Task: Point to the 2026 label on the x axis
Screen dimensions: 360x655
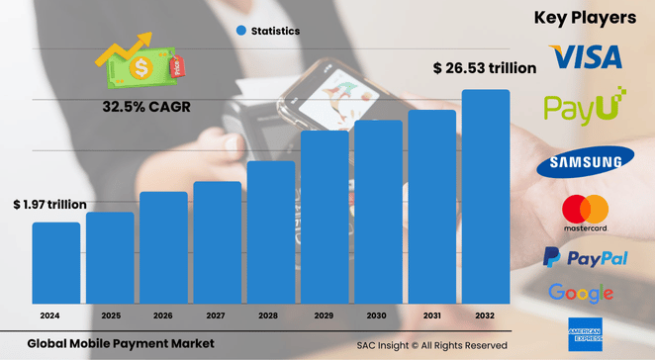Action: coord(163,315)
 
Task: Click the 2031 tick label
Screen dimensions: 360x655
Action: coord(432,315)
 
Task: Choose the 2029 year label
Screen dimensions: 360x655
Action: coord(325,315)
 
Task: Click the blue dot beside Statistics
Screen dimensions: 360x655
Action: coord(240,31)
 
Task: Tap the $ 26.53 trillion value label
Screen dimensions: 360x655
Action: coord(485,68)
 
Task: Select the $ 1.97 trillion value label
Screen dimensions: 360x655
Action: coord(49,204)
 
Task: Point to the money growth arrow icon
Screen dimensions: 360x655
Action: coord(137,59)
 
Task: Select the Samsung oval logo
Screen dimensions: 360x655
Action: coord(586,161)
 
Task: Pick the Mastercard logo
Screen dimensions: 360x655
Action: coord(585,214)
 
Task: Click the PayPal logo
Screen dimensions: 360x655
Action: coord(585,259)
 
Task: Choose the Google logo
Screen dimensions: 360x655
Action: coord(581,293)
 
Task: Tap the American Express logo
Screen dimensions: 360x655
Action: coord(585,334)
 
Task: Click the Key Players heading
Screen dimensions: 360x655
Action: coord(584,17)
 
